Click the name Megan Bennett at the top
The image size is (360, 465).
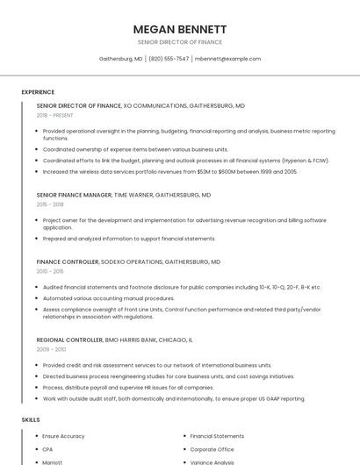180,29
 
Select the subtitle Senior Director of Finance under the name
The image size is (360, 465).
180,42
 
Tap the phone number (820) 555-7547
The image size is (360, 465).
169,59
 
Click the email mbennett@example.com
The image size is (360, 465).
227,59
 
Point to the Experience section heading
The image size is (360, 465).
38,92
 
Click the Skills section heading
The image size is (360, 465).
31,420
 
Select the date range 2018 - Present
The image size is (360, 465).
54,115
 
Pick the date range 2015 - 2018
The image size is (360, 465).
50,204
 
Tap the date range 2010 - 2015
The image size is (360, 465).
50,271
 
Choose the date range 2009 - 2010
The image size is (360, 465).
51,349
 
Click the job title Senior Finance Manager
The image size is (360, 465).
74,195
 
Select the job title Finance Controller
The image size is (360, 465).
68,261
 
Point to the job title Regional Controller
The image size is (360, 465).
69,339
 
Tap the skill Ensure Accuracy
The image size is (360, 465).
63,436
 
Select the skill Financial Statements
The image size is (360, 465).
217,436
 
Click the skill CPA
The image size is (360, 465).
47,449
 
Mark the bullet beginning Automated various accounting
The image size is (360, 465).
109,298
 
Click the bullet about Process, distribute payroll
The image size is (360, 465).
128,387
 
